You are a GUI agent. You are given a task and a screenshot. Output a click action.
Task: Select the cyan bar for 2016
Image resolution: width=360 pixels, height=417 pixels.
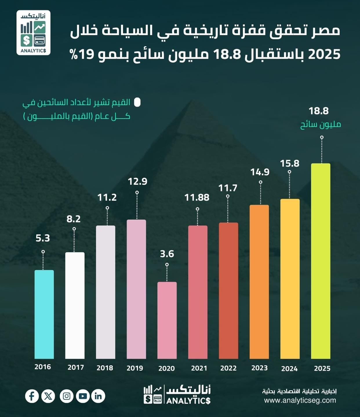click(44, 314)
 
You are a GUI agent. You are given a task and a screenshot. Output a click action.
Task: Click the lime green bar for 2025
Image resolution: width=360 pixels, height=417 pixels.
click(321, 261)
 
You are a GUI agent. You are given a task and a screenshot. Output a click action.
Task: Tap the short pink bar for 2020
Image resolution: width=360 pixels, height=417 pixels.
click(167, 320)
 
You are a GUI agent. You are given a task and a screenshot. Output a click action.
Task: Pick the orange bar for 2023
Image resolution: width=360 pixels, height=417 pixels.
click(259, 282)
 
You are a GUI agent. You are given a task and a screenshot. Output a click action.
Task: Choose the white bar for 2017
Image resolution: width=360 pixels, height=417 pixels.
click(75, 305)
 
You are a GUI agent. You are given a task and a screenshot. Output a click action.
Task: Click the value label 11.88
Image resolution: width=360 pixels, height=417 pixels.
click(197, 197)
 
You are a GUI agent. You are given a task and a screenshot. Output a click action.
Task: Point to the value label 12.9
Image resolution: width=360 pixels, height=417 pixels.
click(137, 182)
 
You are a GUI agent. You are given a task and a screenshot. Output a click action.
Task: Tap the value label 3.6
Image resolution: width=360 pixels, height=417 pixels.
click(167, 254)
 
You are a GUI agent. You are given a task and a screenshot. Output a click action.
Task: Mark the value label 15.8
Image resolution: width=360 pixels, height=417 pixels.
click(290, 164)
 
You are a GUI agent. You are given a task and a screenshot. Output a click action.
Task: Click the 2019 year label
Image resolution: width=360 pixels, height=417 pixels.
click(135, 368)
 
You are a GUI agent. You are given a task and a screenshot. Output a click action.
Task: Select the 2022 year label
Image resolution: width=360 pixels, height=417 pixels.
click(228, 368)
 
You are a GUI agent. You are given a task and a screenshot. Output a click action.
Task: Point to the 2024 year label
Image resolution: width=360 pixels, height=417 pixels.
click(289, 369)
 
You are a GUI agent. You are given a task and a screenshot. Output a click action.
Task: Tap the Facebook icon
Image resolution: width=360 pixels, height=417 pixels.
click(32, 396)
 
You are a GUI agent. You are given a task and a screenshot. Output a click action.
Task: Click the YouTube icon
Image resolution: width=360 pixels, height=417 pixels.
click(83, 396)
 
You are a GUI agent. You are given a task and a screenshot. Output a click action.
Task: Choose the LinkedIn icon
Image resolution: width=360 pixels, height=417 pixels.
click(98, 396)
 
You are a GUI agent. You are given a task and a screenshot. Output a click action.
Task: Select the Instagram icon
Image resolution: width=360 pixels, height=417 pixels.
click(67, 396)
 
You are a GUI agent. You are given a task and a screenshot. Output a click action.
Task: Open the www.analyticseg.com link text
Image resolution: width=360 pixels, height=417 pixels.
click(300, 400)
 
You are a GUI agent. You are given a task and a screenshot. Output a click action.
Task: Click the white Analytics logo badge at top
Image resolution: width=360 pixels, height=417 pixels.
click(33, 33)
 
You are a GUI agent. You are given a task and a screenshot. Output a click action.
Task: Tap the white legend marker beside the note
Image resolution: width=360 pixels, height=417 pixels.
click(137, 102)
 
